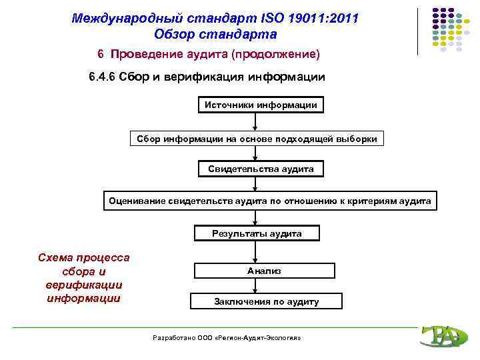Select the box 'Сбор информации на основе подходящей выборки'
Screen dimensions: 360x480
(x=257, y=139)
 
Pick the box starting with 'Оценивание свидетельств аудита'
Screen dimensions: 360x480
(x=270, y=201)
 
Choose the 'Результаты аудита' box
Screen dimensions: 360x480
(x=257, y=233)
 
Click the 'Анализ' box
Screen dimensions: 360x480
(x=265, y=271)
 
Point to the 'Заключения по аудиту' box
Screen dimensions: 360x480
(x=266, y=301)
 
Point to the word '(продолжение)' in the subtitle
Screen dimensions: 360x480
(x=281, y=53)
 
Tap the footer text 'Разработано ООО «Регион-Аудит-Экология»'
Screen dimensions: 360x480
(x=227, y=338)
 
